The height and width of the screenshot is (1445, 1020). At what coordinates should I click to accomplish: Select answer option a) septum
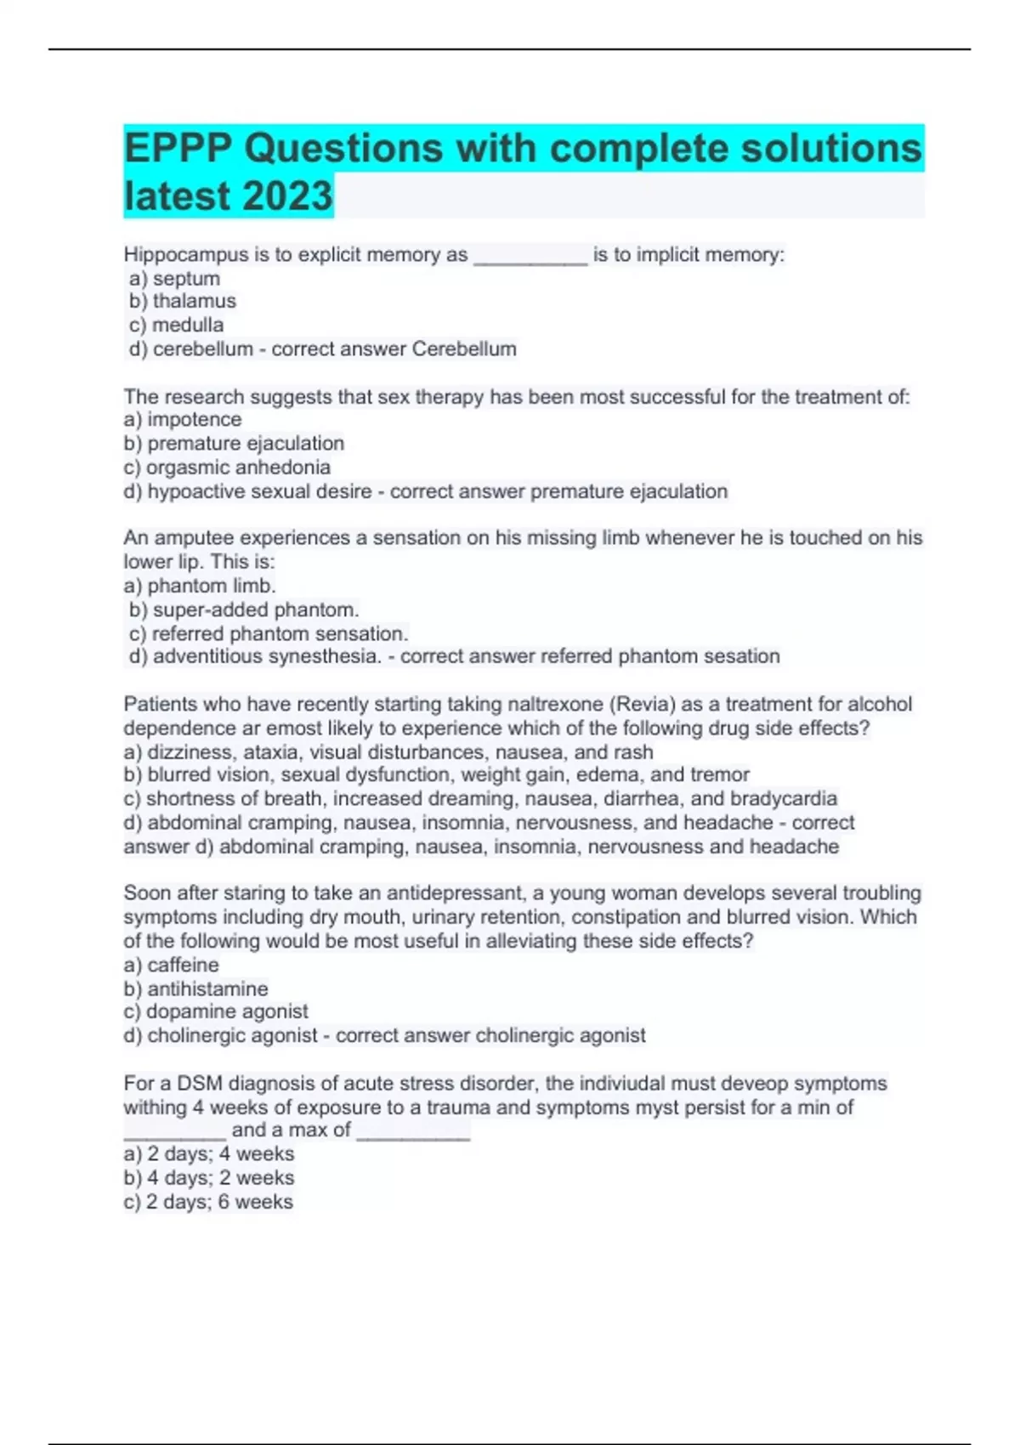(x=175, y=279)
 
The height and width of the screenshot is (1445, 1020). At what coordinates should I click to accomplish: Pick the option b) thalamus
(x=183, y=301)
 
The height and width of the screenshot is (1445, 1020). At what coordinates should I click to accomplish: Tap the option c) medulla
(x=177, y=325)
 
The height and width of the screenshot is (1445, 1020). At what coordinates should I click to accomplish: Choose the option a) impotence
(x=183, y=419)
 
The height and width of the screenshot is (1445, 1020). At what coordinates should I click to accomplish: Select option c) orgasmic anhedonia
(x=227, y=467)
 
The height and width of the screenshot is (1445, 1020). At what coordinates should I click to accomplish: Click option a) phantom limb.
(x=200, y=586)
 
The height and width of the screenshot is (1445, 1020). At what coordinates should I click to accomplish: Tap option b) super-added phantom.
(x=244, y=609)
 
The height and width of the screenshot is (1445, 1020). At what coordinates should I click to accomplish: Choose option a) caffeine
(x=171, y=965)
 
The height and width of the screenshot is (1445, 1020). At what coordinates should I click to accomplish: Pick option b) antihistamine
(x=195, y=989)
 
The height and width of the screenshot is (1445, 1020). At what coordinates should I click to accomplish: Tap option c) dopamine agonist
(x=216, y=1011)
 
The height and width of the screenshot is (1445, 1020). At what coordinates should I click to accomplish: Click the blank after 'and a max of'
(x=413, y=1132)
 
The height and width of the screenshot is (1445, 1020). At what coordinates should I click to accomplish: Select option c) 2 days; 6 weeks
(x=208, y=1202)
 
